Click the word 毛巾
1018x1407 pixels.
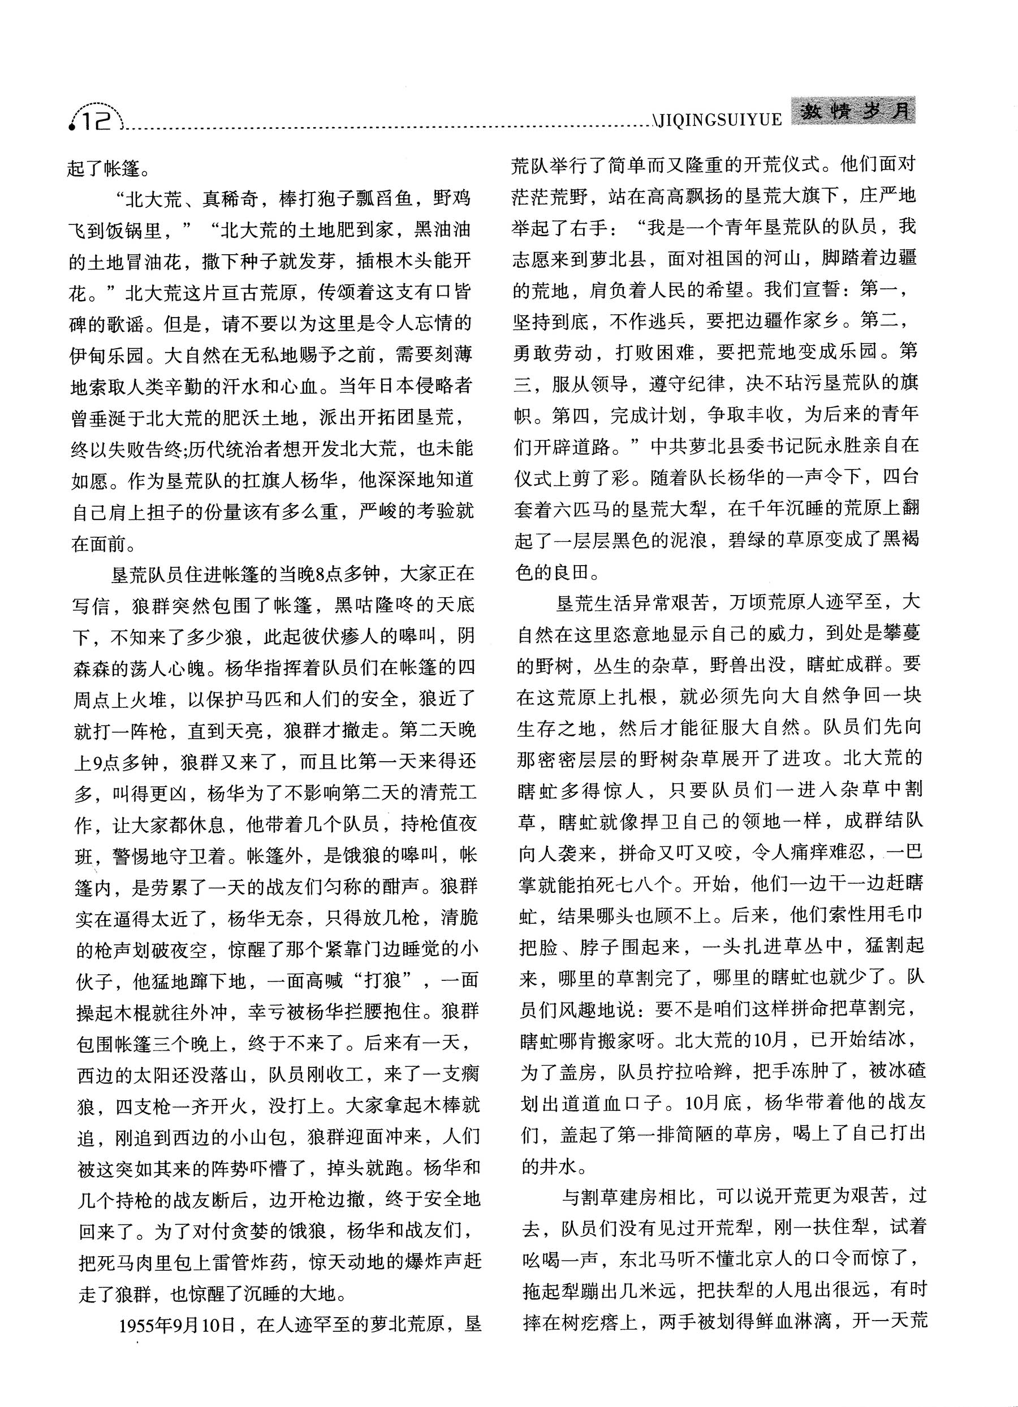tap(903, 914)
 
